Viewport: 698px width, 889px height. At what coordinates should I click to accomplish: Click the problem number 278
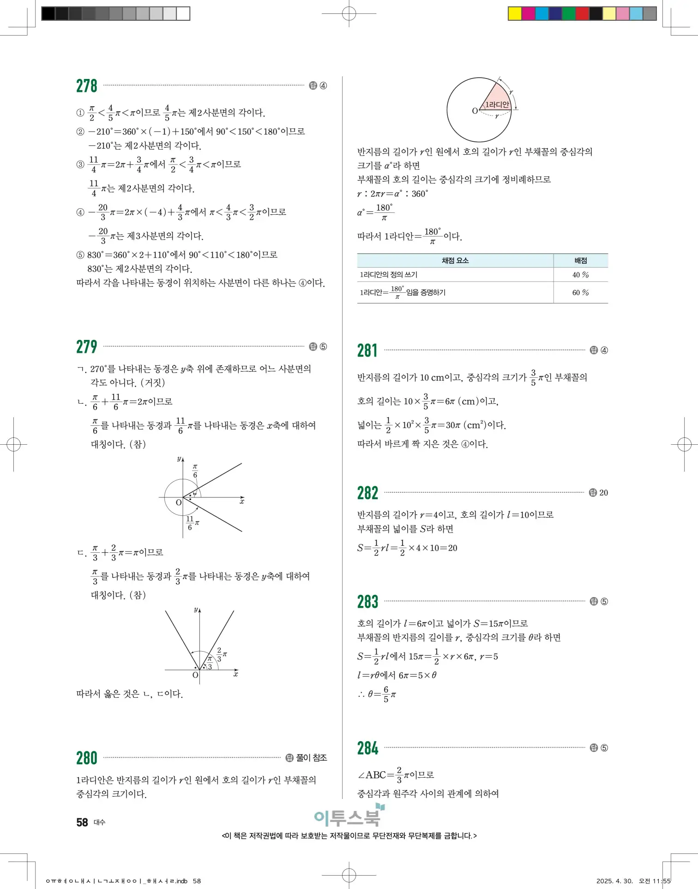(x=87, y=86)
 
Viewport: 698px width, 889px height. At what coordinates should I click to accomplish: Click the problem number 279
(x=87, y=347)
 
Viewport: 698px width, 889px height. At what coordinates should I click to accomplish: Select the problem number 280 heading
(x=87, y=758)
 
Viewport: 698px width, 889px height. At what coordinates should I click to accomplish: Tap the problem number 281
(x=367, y=351)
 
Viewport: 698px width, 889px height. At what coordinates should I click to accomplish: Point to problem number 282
(x=367, y=493)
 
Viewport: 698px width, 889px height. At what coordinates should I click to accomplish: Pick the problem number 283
(x=367, y=602)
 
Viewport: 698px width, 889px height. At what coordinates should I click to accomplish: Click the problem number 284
(x=367, y=748)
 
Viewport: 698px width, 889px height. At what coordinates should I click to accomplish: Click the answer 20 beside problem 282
(x=603, y=493)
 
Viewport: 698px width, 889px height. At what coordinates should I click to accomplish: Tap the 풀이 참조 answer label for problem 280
(x=311, y=758)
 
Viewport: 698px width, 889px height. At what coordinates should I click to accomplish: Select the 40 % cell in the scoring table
(x=580, y=275)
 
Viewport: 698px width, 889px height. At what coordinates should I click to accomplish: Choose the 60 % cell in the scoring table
(x=580, y=293)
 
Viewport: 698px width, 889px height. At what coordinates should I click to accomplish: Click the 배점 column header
(x=580, y=260)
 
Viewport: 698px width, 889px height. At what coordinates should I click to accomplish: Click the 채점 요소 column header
(x=455, y=260)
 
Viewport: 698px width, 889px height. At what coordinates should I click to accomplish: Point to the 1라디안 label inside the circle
(x=497, y=104)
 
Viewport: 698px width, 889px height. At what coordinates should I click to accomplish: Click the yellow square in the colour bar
(x=515, y=13)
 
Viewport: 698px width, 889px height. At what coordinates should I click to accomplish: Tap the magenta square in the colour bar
(x=528, y=13)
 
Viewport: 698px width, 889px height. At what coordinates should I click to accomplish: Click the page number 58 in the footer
(x=82, y=822)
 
